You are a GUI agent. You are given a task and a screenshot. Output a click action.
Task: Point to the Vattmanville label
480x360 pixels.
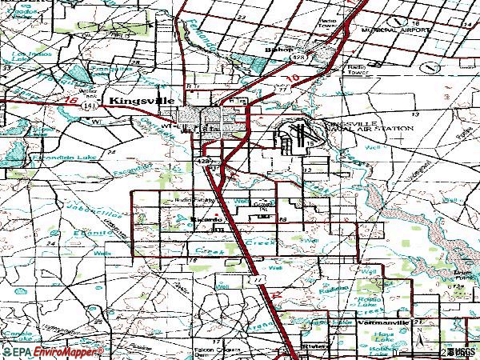click(385, 321)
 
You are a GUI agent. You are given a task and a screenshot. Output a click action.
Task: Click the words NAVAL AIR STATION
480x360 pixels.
click(370, 128)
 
